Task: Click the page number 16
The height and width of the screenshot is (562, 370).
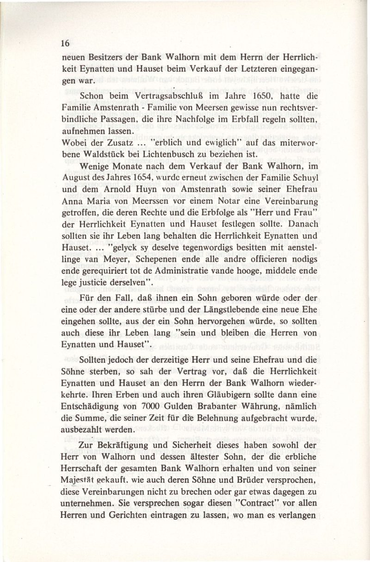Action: point(65,44)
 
